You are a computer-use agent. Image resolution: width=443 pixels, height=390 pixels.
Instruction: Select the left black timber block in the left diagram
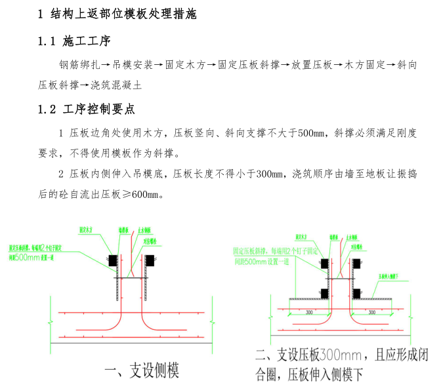click(x=112, y=260)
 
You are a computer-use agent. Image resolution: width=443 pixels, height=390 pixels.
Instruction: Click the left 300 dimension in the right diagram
click(x=309, y=313)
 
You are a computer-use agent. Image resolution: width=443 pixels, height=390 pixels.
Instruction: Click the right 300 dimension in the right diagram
click(x=371, y=313)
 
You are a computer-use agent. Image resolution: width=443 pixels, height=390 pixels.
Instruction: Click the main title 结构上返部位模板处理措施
click(x=122, y=14)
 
